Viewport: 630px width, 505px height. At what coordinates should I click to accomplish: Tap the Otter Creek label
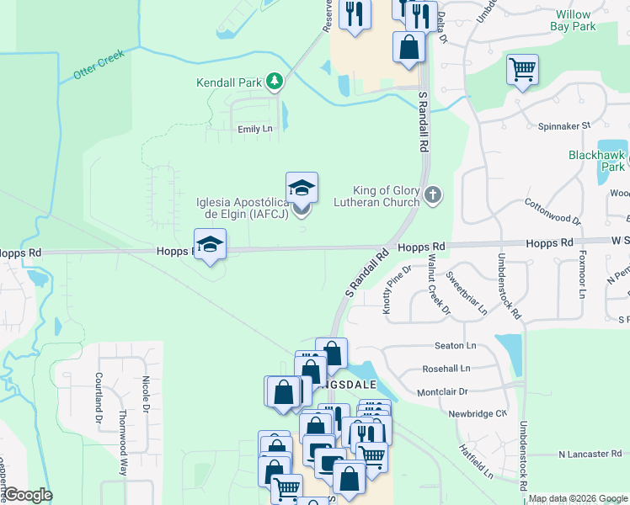(99, 64)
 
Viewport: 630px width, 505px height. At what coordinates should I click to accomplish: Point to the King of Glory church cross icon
(433, 195)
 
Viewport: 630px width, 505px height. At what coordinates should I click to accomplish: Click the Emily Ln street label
(255, 129)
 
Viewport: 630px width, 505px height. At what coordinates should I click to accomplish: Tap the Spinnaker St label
(564, 125)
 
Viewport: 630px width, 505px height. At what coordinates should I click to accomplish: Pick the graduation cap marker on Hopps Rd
(210, 245)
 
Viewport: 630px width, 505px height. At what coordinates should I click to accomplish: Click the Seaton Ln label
(456, 346)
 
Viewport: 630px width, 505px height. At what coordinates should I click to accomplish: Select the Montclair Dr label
(442, 391)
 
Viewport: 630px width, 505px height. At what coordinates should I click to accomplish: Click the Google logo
(28, 495)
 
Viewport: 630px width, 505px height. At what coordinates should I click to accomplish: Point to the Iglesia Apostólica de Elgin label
(243, 208)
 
